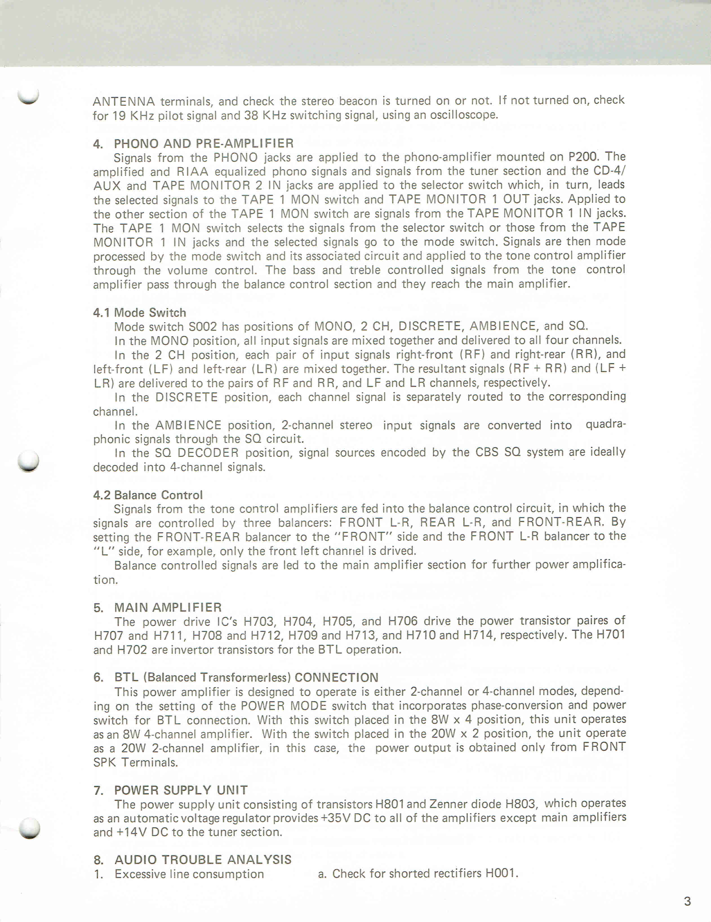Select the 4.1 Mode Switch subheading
tap(139, 313)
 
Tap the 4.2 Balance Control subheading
tap(148, 495)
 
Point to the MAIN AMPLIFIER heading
tap(168, 608)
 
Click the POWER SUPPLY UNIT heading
tap(181, 790)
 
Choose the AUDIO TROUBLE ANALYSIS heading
tap(203, 859)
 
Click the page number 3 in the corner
tap(687, 901)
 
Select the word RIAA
tap(193, 171)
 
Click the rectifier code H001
tap(501, 874)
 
